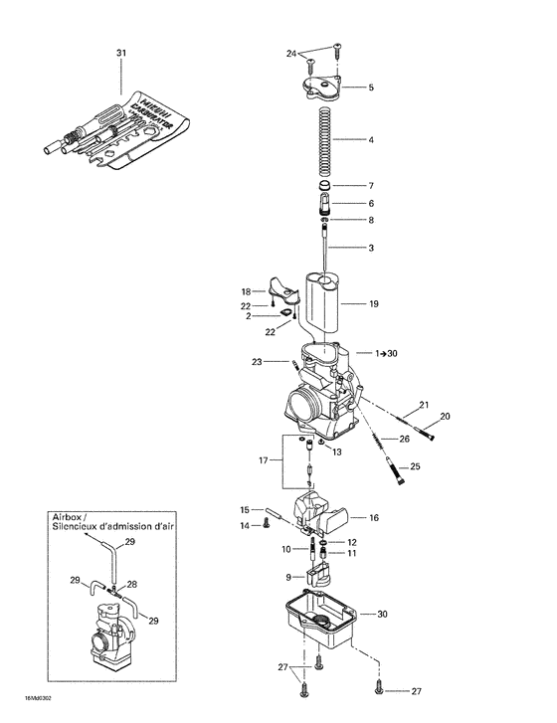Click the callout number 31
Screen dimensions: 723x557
tap(121, 52)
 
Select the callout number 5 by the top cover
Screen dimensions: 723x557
tap(370, 88)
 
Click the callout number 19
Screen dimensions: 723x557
tap(374, 302)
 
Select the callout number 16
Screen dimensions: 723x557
tap(374, 518)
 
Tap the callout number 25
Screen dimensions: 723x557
tap(416, 465)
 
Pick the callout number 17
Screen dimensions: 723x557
tap(263, 459)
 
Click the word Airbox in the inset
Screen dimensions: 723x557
tap(69, 517)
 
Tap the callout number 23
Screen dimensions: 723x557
tap(256, 362)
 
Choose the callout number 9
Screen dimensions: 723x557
tap(288, 576)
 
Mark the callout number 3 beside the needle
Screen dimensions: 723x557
tap(370, 247)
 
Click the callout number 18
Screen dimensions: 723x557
tap(246, 291)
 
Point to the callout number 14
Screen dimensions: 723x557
tap(246, 525)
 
